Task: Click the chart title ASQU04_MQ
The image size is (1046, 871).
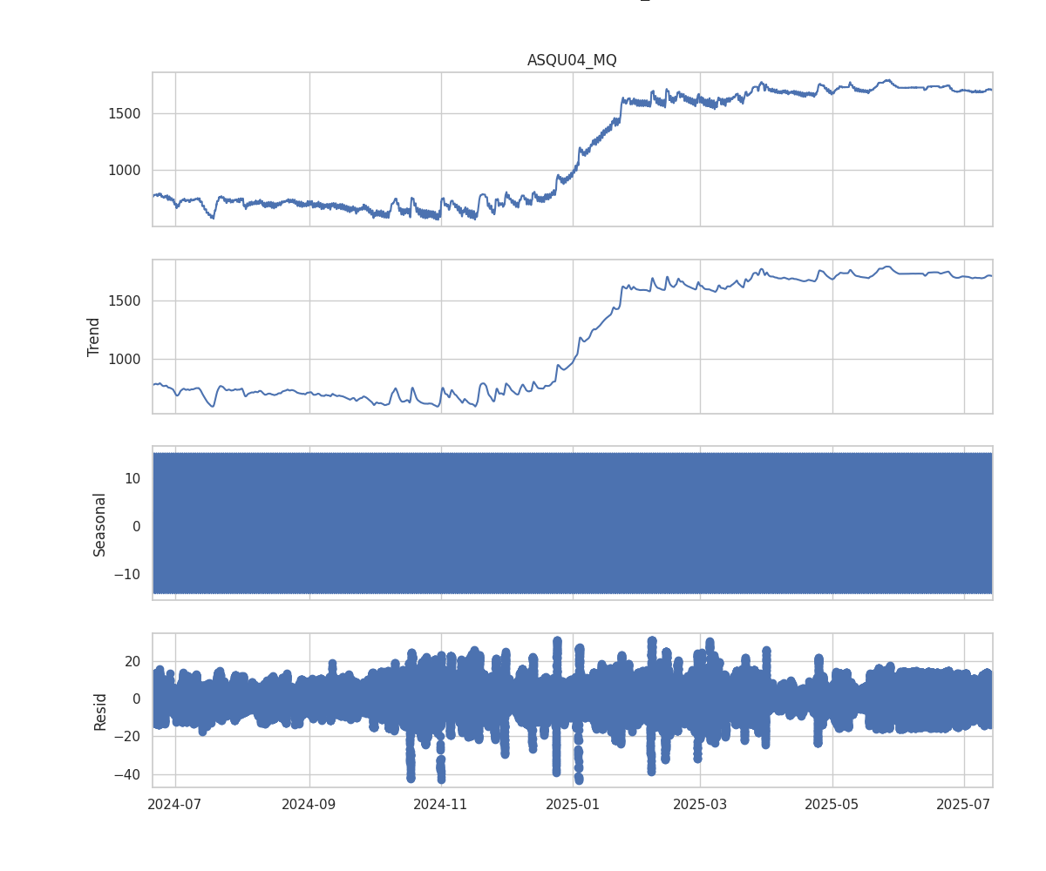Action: pyautogui.click(x=572, y=60)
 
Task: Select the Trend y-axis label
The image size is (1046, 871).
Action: pyautogui.click(x=94, y=336)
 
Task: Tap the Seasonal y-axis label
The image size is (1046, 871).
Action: pyautogui.click(x=100, y=523)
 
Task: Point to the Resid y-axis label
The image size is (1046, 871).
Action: pyautogui.click(x=100, y=711)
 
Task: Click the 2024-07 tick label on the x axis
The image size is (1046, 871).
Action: pyautogui.click(x=175, y=804)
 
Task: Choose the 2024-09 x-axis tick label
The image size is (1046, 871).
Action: pyautogui.click(x=309, y=804)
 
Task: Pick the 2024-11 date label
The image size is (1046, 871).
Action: pyautogui.click(x=441, y=804)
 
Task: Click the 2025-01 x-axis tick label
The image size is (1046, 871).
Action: pyautogui.click(x=573, y=804)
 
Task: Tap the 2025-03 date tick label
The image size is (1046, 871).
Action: pyautogui.click(x=700, y=804)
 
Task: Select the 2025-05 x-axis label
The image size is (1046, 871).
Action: pyautogui.click(x=832, y=804)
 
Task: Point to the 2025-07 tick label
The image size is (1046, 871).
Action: pyautogui.click(x=964, y=804)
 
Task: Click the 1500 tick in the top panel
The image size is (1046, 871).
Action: pyautogui.click(x=125, y=113)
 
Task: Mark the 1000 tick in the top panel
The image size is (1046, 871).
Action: pyautogui.click(x=125, y=171)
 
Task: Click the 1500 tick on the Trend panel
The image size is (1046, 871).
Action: pyautogui.click(x=125, y=300)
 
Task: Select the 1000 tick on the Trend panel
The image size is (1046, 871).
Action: pyautogui.click(x=125, y=359)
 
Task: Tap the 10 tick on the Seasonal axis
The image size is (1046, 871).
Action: pyautogui.click(x=132, y=478)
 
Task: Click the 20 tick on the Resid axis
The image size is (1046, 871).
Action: pyautogui.click(x=132, y=661)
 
